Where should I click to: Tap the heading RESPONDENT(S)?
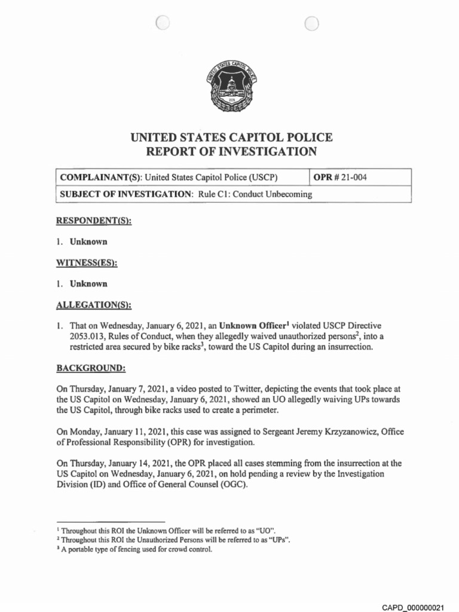94,221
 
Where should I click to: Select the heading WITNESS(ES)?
87,263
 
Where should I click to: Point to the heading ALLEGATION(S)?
93,305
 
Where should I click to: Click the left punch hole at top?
162,23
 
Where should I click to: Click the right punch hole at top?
311,23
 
